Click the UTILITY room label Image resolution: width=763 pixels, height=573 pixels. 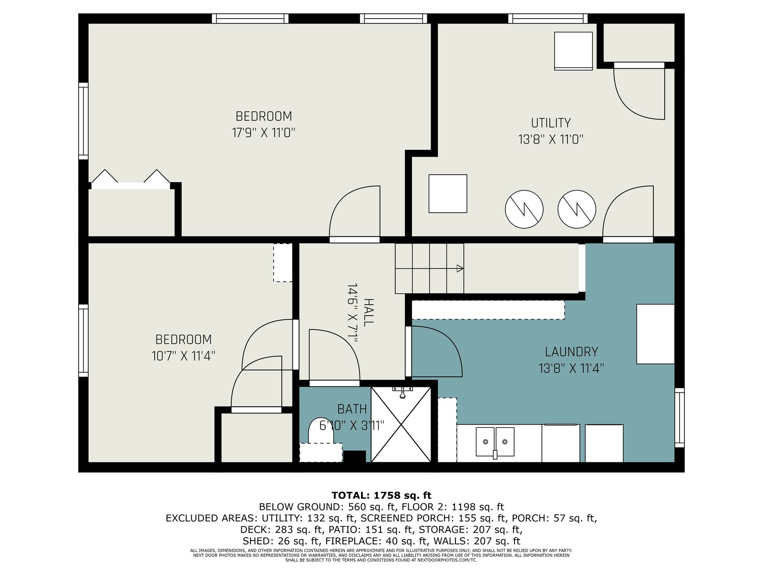551,123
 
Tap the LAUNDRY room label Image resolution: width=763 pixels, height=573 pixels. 571,352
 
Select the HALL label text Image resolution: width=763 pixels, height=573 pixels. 369,312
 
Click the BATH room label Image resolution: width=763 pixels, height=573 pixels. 352,409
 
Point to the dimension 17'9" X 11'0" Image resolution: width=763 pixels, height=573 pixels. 264,133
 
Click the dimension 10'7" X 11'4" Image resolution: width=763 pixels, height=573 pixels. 183,356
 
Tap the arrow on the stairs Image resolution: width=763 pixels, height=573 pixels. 429,268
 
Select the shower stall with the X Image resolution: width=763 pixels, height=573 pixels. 401,424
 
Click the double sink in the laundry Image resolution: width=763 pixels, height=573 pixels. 495,442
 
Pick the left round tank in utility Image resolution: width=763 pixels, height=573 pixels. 524,209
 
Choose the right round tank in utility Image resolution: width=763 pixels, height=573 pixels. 577,209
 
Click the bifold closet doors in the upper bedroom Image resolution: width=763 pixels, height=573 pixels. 131,179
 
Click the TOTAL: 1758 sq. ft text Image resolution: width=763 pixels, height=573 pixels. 381,495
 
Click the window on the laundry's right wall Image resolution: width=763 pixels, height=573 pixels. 680,417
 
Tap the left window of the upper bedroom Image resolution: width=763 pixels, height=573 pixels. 83,121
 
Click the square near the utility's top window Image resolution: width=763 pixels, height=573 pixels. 573,51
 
